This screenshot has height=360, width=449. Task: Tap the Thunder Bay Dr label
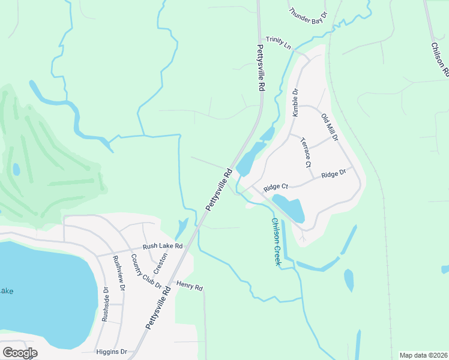(x=308, y=15)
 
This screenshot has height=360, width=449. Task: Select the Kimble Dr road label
(x=295, y=103)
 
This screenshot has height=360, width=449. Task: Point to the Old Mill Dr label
(x=330, y=127)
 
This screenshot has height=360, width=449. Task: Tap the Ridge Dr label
(x=334, y=174)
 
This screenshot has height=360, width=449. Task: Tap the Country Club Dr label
(x=146, y=271)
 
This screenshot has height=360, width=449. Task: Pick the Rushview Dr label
(x=119, y=273)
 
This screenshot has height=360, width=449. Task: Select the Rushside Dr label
(x=105, y=304)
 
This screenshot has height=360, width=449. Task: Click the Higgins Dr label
(x=112, y=352)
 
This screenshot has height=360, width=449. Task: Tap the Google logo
(x=20, y=352)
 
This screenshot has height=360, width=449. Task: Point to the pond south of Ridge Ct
(x=289, y=208)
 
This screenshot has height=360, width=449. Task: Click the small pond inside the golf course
(x=16, y=169)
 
